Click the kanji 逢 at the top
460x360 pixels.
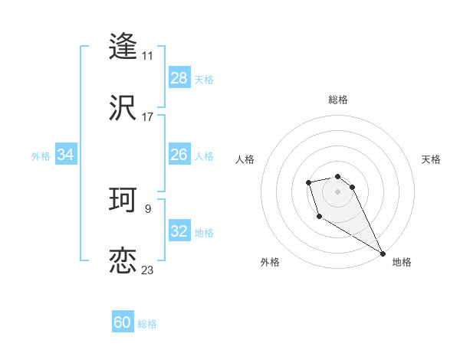123,46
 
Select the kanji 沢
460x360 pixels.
123,108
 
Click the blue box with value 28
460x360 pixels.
179,78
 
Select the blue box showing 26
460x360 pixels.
179,155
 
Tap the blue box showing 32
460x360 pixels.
179,231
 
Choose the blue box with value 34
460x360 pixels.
66,155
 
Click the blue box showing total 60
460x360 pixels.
123,322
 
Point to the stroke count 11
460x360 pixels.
147,56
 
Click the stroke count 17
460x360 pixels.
147,117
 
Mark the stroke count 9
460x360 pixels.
147,208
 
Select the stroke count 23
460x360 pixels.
147,270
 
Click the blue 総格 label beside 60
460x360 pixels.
147,324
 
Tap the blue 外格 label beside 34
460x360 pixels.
41,156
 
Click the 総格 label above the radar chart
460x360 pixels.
337,100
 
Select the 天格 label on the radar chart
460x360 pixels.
431,159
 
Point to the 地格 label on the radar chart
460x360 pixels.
402,263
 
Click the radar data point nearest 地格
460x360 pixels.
383,254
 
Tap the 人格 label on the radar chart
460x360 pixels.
245,159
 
